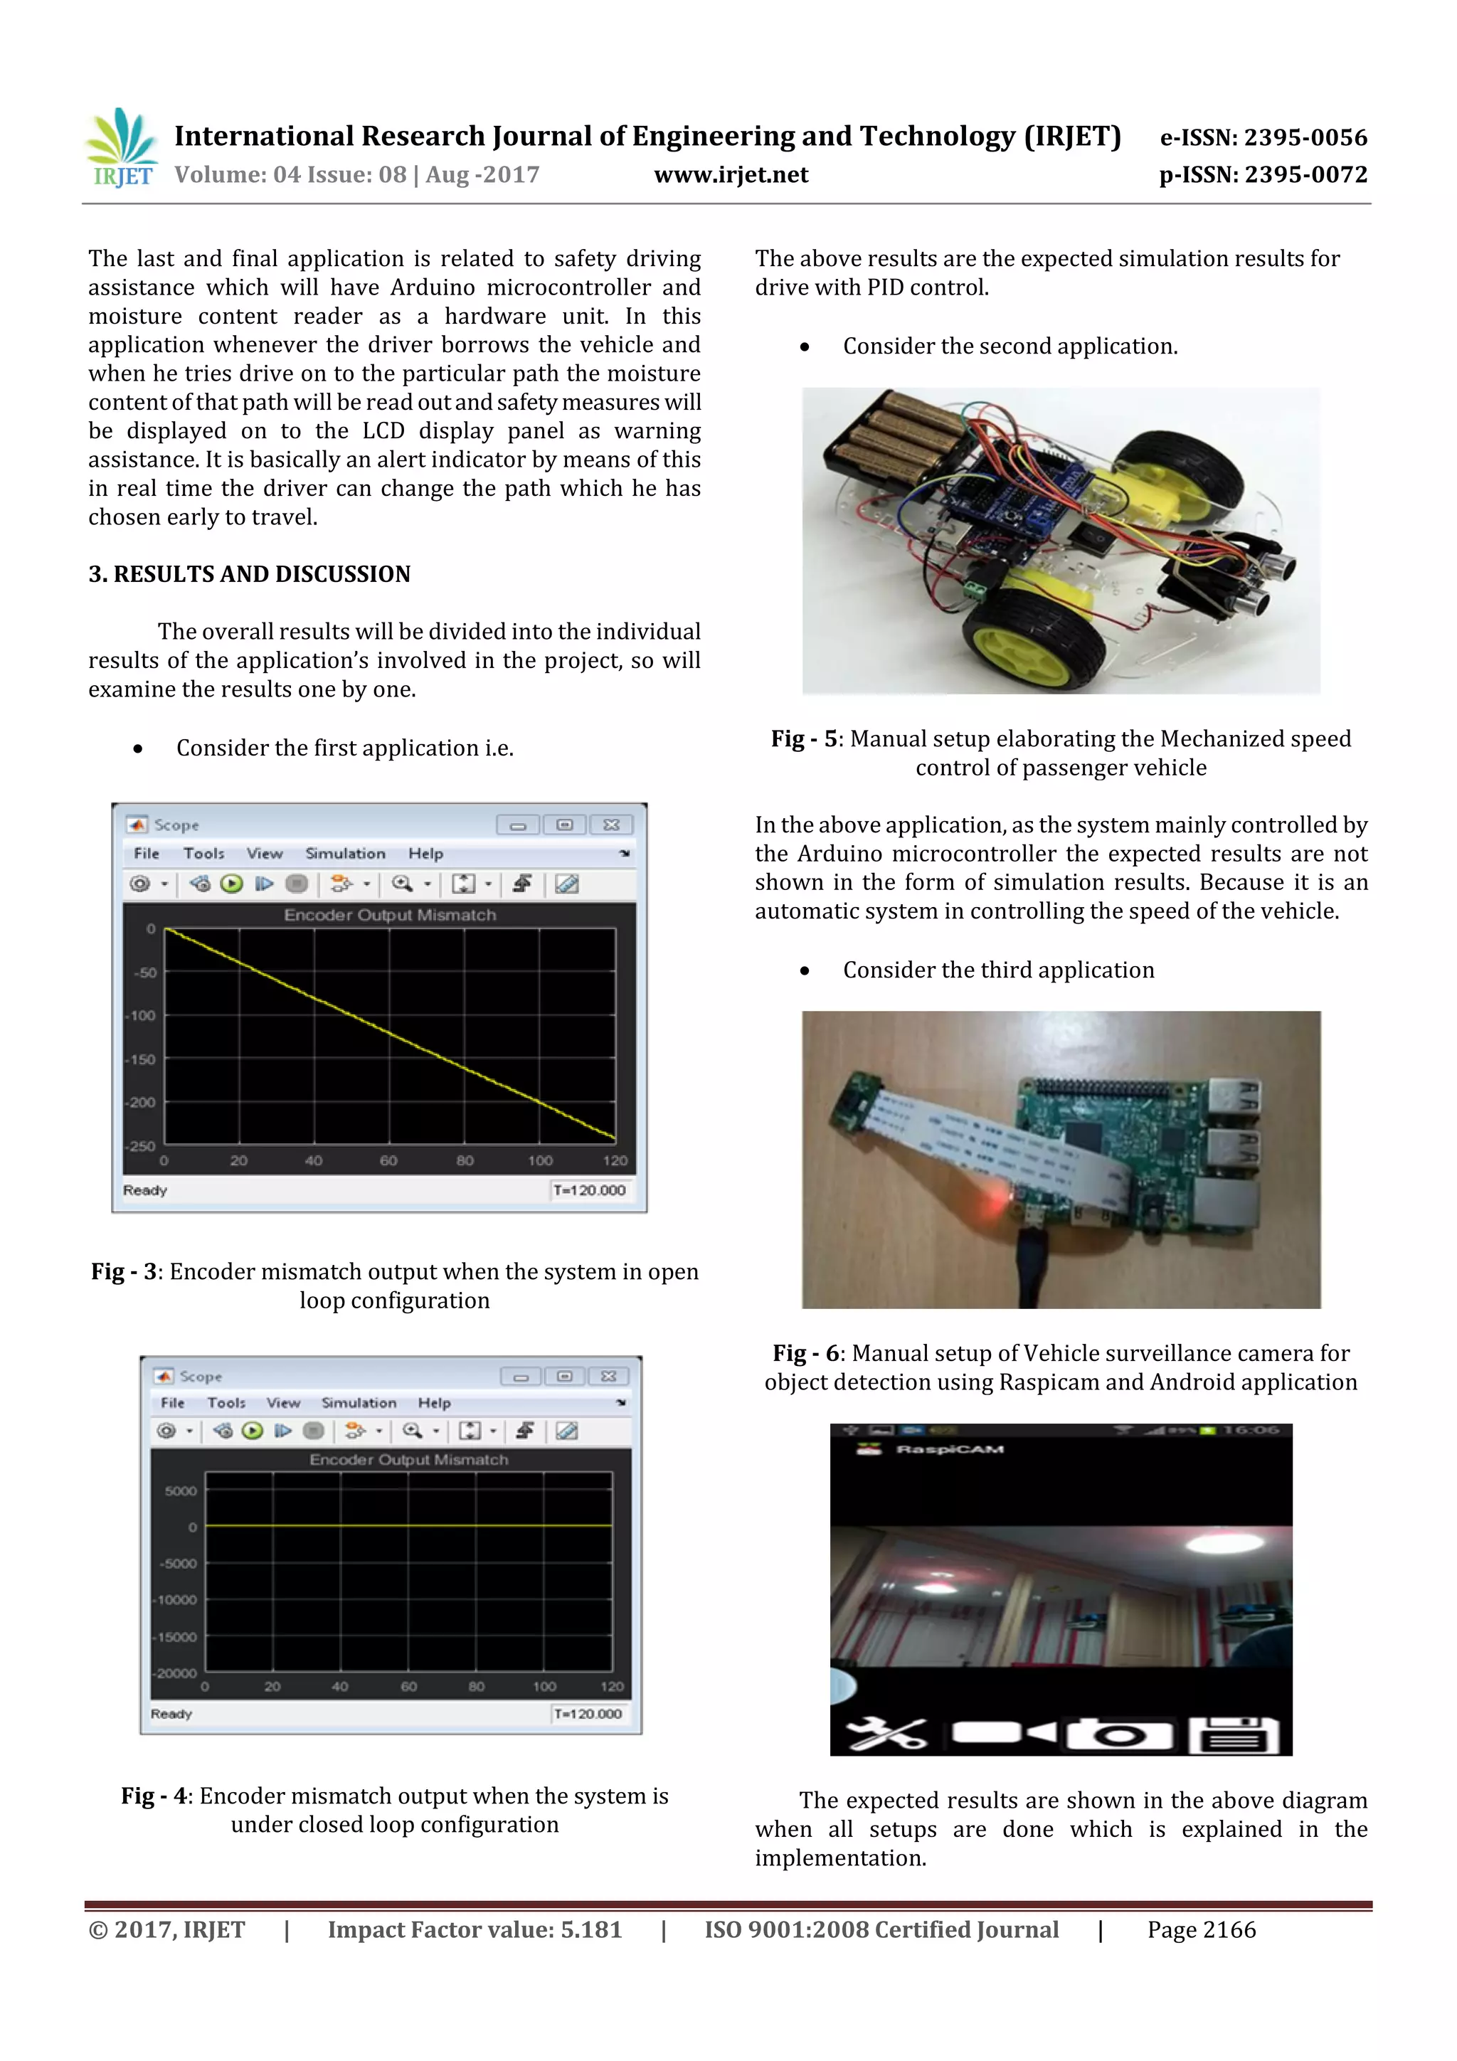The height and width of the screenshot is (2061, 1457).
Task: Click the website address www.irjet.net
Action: pos(731,175)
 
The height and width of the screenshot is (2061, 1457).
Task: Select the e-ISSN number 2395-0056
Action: pos(1306,137)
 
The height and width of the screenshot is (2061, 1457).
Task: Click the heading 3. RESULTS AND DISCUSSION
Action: pos(249,575)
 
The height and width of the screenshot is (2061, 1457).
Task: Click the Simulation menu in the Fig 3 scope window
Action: pos(345,854)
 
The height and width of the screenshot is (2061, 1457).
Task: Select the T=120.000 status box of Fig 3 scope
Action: pos(589,1190)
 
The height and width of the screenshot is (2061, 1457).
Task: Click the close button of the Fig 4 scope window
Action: pos(609,1376)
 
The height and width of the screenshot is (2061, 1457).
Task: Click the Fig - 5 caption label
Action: pos(803,738)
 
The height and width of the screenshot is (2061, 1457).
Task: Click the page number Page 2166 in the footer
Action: pos(1201,1930)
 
